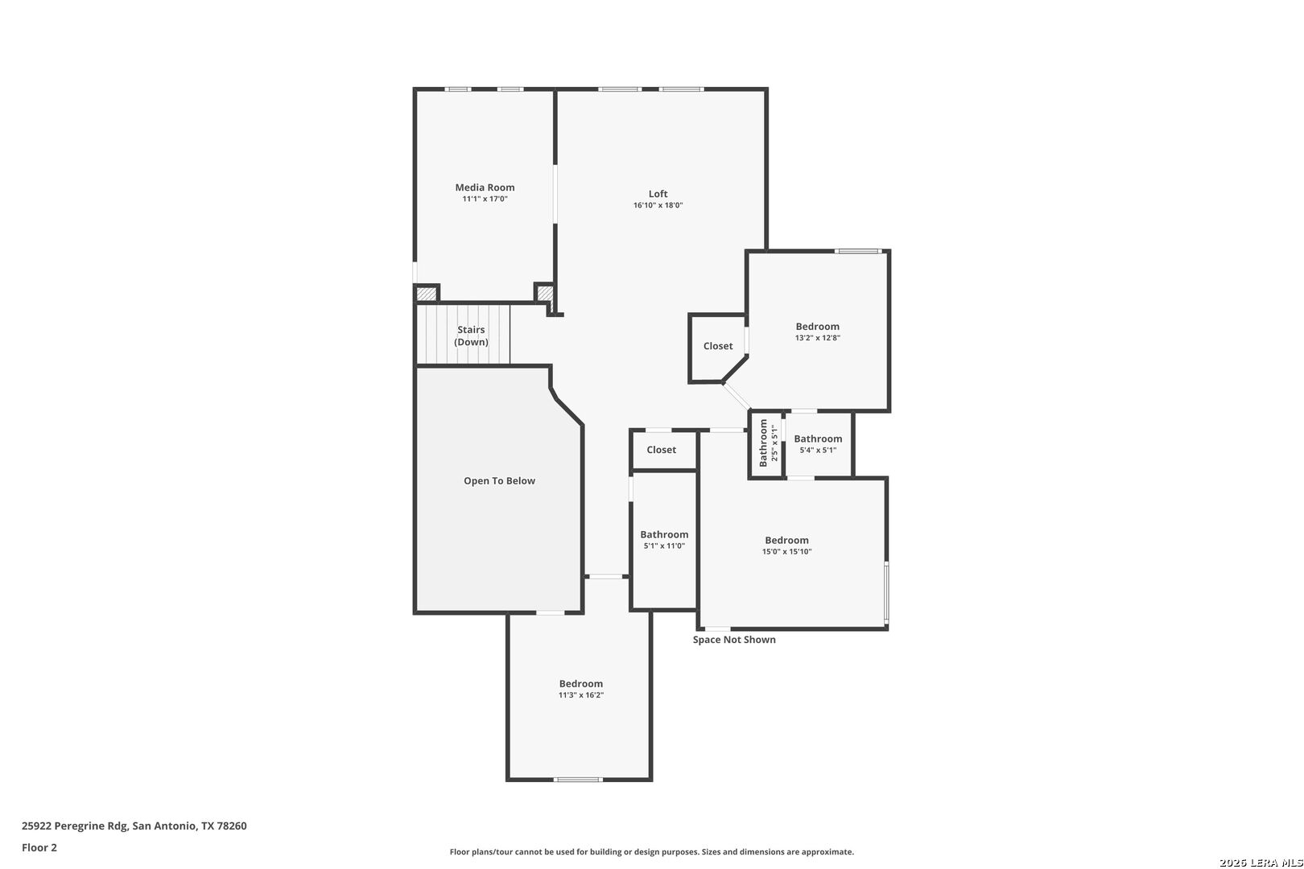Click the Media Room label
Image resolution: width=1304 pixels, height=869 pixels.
485,187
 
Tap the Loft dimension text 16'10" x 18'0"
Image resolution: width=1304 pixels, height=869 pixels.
658,205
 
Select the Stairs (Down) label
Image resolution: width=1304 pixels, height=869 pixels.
471,336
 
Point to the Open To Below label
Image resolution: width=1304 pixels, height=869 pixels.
499,481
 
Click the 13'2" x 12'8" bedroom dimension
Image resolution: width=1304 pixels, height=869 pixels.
817,338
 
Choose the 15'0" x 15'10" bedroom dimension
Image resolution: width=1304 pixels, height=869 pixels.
786,552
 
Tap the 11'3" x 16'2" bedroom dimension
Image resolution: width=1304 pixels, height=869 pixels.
581,695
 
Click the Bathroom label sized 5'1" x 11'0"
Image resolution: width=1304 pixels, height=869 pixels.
664,534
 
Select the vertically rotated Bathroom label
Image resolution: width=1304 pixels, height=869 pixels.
763,443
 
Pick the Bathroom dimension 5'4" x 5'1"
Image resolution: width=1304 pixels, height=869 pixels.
818,451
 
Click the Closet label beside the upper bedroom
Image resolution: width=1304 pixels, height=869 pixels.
718,346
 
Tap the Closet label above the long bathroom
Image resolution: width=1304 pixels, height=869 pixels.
662,449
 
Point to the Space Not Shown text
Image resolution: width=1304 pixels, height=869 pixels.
734,640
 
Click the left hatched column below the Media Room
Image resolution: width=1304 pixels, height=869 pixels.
426,294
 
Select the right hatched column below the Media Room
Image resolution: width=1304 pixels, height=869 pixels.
544,292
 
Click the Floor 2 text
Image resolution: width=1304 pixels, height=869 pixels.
39,847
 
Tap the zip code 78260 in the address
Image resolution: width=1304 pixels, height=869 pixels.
232,826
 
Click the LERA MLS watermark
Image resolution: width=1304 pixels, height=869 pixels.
1261,863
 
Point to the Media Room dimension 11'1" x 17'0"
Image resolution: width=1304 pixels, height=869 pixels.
485,199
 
